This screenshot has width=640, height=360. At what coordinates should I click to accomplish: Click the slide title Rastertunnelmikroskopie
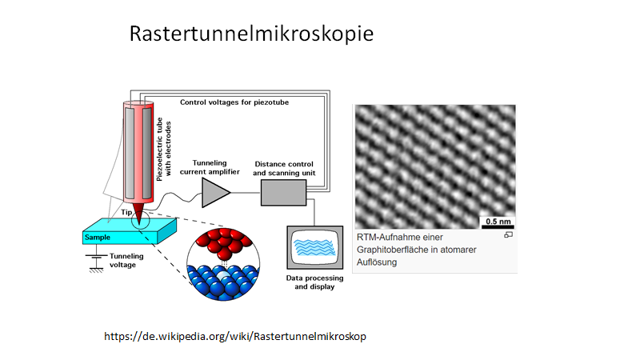(x=251, y=34)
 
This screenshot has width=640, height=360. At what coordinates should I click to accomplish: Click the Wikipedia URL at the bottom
(x=235, y=336)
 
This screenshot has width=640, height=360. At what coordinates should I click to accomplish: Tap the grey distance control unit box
(x=284, y=193)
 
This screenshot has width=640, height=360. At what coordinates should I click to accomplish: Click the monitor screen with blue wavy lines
(x=314, y=247)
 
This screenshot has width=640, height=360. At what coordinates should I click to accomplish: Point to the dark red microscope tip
(x=138, y=214)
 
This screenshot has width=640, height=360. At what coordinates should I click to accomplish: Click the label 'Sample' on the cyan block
(x=98, y=237)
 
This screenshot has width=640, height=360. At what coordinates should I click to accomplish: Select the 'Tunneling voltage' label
(x=126, y=261)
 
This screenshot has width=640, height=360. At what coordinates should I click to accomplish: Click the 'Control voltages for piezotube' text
(x=234, y=102)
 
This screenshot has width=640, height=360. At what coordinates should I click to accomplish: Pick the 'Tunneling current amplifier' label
(x=210, y=167)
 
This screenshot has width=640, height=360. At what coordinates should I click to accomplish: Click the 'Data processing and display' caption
(x=314, y=282)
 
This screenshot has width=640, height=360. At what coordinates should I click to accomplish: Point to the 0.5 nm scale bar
(x=498, y=226)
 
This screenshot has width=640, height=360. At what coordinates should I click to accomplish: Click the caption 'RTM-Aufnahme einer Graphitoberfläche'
(x=416, y=243)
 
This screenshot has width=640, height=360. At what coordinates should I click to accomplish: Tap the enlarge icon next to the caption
(x=508, y=234)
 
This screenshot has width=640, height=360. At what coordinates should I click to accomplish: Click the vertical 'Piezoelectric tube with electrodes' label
(x=164, y=150)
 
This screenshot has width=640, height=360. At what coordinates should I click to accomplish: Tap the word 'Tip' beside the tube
(x=126, y=212)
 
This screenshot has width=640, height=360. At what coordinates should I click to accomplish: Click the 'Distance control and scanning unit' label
(x=284, y=169)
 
